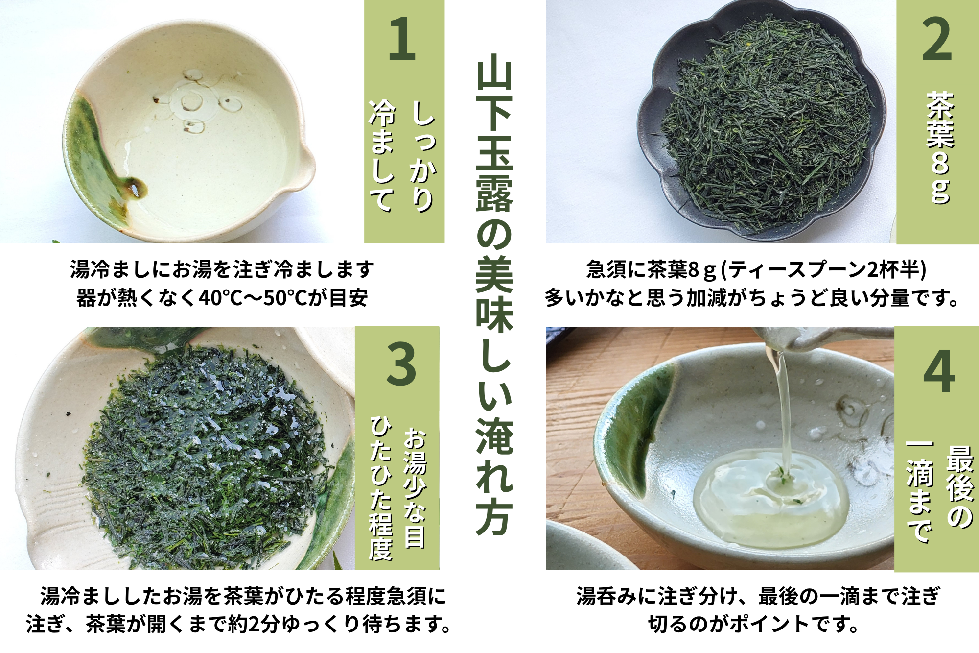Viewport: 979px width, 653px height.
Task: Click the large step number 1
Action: tap(402, 39)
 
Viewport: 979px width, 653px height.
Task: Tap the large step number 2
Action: tap(937, 39)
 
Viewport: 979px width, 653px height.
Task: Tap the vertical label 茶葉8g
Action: tap(940, 147)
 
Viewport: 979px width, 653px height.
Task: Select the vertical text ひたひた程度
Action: tap(381, 488)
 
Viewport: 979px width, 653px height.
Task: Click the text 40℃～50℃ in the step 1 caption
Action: tap(253, 298)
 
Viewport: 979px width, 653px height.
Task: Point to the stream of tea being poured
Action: tap(782, 411)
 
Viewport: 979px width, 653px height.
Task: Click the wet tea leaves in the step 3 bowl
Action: tap(206, 456)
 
